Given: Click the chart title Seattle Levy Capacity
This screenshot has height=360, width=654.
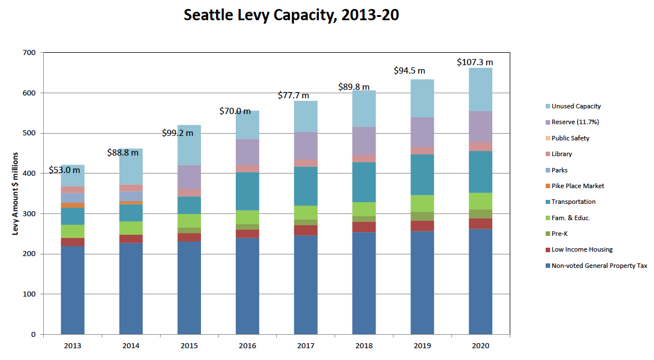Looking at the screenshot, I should [291, 15].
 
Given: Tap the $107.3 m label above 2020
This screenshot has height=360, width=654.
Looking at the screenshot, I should [475, 62].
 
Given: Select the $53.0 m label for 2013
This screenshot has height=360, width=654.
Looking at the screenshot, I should [64, 170].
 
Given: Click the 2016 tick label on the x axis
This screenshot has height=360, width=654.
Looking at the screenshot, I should [248, 345].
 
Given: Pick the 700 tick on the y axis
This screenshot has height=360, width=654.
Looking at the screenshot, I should [29, 53].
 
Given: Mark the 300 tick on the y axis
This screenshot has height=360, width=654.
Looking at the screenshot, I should [29, 214].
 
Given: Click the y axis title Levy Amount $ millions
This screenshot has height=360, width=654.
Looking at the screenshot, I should [16, 193].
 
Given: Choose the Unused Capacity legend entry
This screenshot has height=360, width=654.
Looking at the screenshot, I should [576, 106].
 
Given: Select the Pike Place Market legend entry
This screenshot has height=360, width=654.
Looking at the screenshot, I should [578, 186].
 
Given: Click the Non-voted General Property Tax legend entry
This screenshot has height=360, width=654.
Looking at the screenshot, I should [599, 266].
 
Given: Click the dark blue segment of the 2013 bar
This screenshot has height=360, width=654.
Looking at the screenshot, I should [72, 289].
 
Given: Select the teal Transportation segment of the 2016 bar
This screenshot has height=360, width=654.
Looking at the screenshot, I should [248, 191].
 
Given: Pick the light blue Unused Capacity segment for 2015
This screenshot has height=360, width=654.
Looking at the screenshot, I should [189, 145].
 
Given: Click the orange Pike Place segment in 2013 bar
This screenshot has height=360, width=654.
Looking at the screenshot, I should [72, 206].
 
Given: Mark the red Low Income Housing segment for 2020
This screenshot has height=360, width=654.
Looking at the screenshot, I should [481, 224].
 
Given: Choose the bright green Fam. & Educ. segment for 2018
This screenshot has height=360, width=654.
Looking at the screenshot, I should [364, 209].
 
